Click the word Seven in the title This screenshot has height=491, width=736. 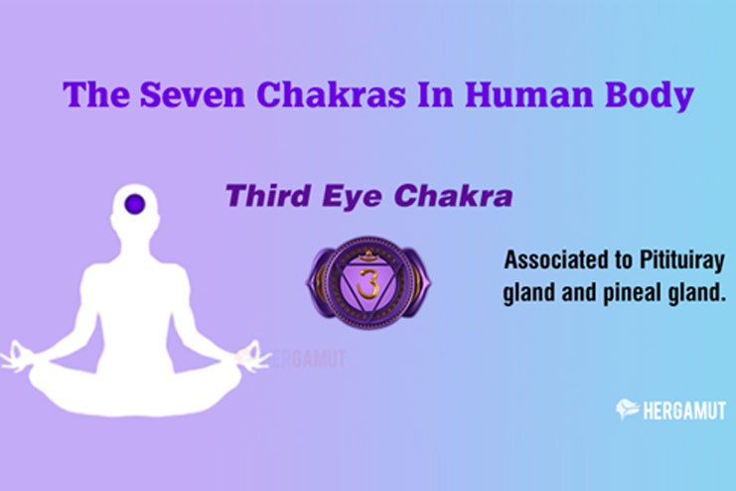click(x=193, y=94)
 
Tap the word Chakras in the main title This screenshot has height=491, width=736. click(x=331, y=94)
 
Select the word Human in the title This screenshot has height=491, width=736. click(x=529, y=94)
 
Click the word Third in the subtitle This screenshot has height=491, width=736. click(x=268, y=196)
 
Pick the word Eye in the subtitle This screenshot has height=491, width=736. click(x=352, y=197)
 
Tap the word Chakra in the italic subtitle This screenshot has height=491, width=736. click(x=454, y=196)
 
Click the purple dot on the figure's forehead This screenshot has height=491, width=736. click(x=135, y=204)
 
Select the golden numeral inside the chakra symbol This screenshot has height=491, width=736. click(x=368, y=283)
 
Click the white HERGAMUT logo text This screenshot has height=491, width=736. click(x=684, y=411)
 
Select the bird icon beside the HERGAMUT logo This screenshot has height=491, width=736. click(x=627, y=409)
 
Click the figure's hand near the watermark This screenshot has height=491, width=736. click(x=252, y=356)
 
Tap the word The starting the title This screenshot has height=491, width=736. click(x=95, y=94)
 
